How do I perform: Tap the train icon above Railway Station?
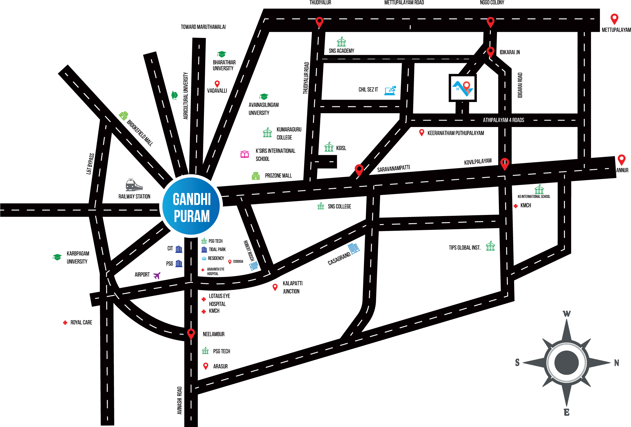(x=134, y=185)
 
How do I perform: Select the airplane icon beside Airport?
(x=157, y=276)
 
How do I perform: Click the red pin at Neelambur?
(x=191, y=334)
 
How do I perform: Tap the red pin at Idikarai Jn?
(x=490, y=52)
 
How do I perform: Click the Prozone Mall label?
(x=278, y=176)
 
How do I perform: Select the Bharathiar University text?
(x=224, y=65)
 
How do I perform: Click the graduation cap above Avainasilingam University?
(x=264, y=97)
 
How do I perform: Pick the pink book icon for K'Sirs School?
(x=245, y=154)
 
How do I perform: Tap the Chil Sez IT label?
(x=368, y=90)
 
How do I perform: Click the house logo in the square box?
(x=463, y=88)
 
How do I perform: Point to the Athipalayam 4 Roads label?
(x=503, y=120)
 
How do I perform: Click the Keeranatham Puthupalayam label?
(x=455, y=133)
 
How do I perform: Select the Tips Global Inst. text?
(x=464, y=248)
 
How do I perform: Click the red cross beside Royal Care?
(x=65, y=323)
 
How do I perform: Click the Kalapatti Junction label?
(x=292, y=287)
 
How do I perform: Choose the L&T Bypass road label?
(x=90, y=164)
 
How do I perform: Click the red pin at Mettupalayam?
(x=614, y=19)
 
